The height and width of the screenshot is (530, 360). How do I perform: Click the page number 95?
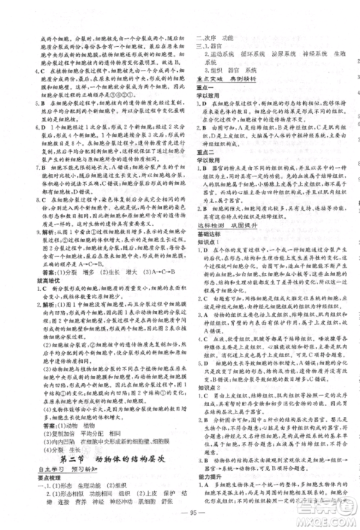(x=180, y=513)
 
